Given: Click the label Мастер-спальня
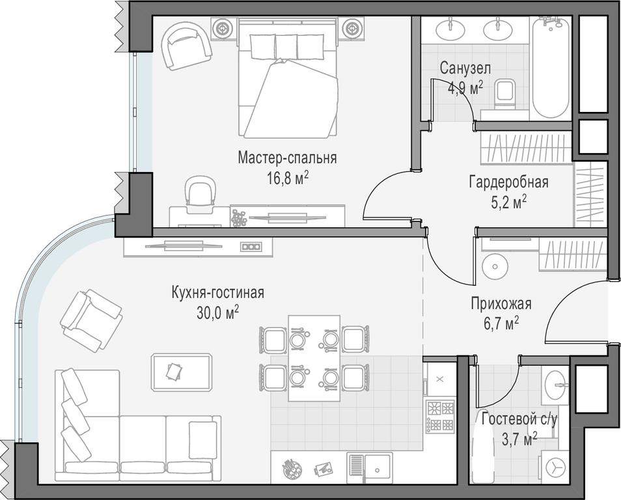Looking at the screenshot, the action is click(287, 158).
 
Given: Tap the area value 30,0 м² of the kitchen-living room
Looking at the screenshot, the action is click(217, 313).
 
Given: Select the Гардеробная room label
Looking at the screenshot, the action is click(509, 183).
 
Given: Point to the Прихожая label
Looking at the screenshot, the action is click(501, 304).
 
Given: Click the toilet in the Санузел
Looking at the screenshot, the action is click(504, 94).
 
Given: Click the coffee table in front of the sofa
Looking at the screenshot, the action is click(182, 372).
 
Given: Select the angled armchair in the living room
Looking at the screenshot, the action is click(91, 321).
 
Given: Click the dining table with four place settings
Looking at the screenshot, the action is click(314, 358).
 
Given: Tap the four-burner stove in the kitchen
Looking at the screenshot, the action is click(440, 415).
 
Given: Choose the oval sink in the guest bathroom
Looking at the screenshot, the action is click(557, 385).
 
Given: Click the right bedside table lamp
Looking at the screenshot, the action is click(351, 29).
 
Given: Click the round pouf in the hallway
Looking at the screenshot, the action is click(495, 266).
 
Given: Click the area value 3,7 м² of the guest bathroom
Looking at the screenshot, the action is click(519, 439).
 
